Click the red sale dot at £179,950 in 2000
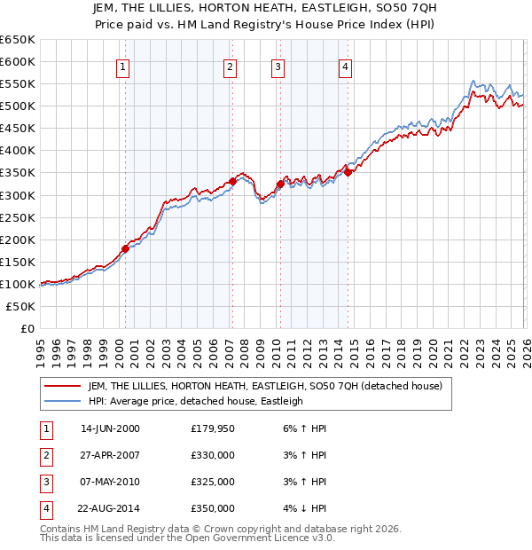point(125,248)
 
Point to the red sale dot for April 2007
point(232,181)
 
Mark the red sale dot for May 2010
point(280,184)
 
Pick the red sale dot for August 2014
point(348,172)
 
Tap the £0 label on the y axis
point(26,328)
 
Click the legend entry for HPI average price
point(195,401)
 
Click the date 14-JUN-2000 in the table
point(110,428)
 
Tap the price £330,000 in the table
point(213,455)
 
